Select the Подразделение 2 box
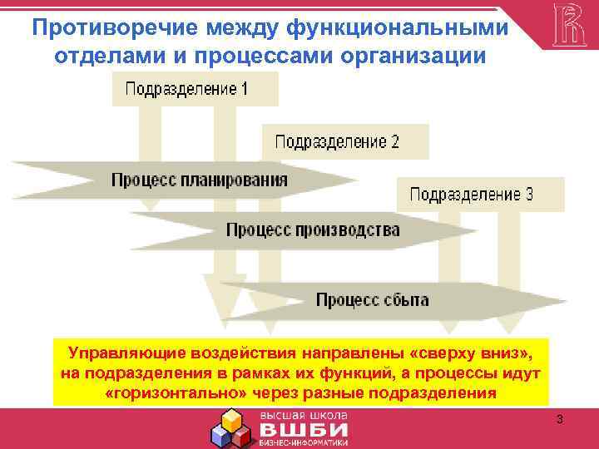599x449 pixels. [337, 141]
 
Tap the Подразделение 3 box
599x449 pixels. [472, 195]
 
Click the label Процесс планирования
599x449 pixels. [200, 179]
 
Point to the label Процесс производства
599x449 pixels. [313, 229]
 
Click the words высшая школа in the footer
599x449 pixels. [304, 415]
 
